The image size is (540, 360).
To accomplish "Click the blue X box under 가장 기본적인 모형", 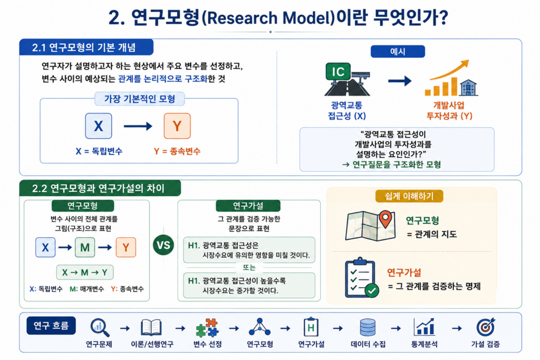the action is click(99, 126).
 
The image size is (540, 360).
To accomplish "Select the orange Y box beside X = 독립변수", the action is click(177, 126).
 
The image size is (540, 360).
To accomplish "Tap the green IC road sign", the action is click(338, 71).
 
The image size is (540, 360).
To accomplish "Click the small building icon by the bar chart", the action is click(469, 87).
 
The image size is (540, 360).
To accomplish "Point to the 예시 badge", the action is click(398, 52).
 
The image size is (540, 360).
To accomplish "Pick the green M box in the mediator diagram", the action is click(85, 247).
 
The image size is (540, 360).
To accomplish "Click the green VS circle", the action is click(163, 245).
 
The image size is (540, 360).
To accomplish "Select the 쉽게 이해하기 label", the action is click(409, 196).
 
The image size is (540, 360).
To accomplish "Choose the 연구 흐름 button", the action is click(51, 326).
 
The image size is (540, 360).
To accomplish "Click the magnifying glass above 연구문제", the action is click(100, 327).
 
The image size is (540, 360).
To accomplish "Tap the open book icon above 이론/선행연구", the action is click(151, 327).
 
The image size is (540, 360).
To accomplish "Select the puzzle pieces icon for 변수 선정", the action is click(207, 328).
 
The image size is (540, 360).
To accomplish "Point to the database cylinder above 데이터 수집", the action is click(368, 327).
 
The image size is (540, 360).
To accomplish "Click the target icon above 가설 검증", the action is click(486, 327).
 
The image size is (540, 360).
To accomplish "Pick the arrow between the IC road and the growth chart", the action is click(400, 81).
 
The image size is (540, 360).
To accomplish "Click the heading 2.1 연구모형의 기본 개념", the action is click(84, 47).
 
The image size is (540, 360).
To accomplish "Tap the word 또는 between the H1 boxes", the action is click(249, 267).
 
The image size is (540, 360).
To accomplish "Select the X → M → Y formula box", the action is click(85, 273).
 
